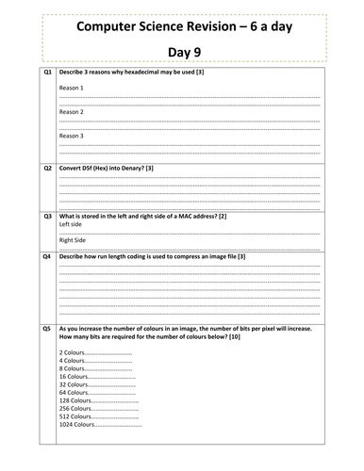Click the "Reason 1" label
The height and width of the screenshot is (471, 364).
click(x=71, y=88)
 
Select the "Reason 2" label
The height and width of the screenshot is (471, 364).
click(x=71, y=112)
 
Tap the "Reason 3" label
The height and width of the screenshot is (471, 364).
click(x=71, y=136)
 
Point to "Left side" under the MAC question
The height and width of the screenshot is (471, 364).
click(x=71, y=224)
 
